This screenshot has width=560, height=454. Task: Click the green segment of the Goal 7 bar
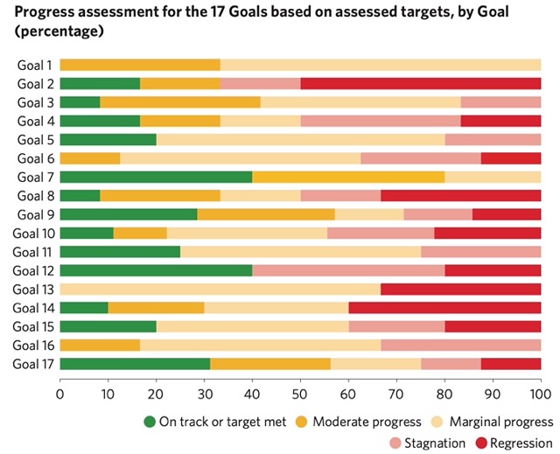156,177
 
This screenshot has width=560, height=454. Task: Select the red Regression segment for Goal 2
421,83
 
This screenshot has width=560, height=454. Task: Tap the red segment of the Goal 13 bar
460,289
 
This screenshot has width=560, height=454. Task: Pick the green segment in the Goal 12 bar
156,270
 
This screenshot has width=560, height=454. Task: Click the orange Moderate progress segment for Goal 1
140,65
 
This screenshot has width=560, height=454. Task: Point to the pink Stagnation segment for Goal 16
460,345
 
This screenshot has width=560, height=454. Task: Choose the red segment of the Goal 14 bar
444,307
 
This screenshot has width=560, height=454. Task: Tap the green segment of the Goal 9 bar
129,214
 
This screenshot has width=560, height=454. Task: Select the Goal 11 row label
35,251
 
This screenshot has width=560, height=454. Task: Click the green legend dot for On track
148,421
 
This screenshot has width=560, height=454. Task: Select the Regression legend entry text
521,443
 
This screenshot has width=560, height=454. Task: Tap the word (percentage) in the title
54,32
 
